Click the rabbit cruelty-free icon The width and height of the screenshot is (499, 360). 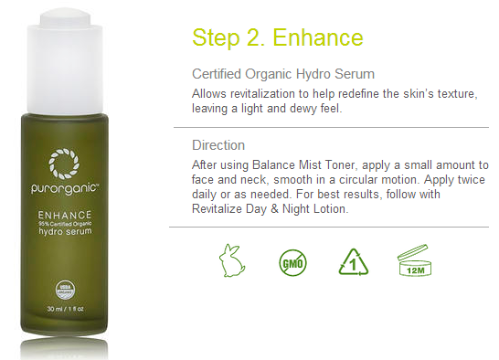(x=232, y=261)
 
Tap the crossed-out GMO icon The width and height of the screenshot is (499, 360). (x=292, y=263)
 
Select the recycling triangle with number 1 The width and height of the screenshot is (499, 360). (x=354, y=262)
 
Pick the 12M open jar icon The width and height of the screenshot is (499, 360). (x=414, y=260)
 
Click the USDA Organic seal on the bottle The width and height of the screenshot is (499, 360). (x=65, y=290)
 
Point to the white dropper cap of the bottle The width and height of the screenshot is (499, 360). (x=65, y=60)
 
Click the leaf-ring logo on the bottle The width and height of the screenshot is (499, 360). (x=64, y=164)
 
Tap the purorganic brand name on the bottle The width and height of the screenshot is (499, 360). (x=65, y=188)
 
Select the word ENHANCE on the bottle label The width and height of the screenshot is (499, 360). (x=65, y=215)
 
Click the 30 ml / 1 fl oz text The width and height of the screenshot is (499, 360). (x=65, y=309)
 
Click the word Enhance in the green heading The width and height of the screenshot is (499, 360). (x=318, y=37)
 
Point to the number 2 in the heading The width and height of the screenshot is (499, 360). (x=253, y=37)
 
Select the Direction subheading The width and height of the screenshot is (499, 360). (x=218, y=145)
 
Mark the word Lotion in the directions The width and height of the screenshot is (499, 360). (x=331, y=209)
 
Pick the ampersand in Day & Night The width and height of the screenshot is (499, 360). (x=274, y=209)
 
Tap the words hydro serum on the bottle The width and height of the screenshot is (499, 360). (x=65, y=231)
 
